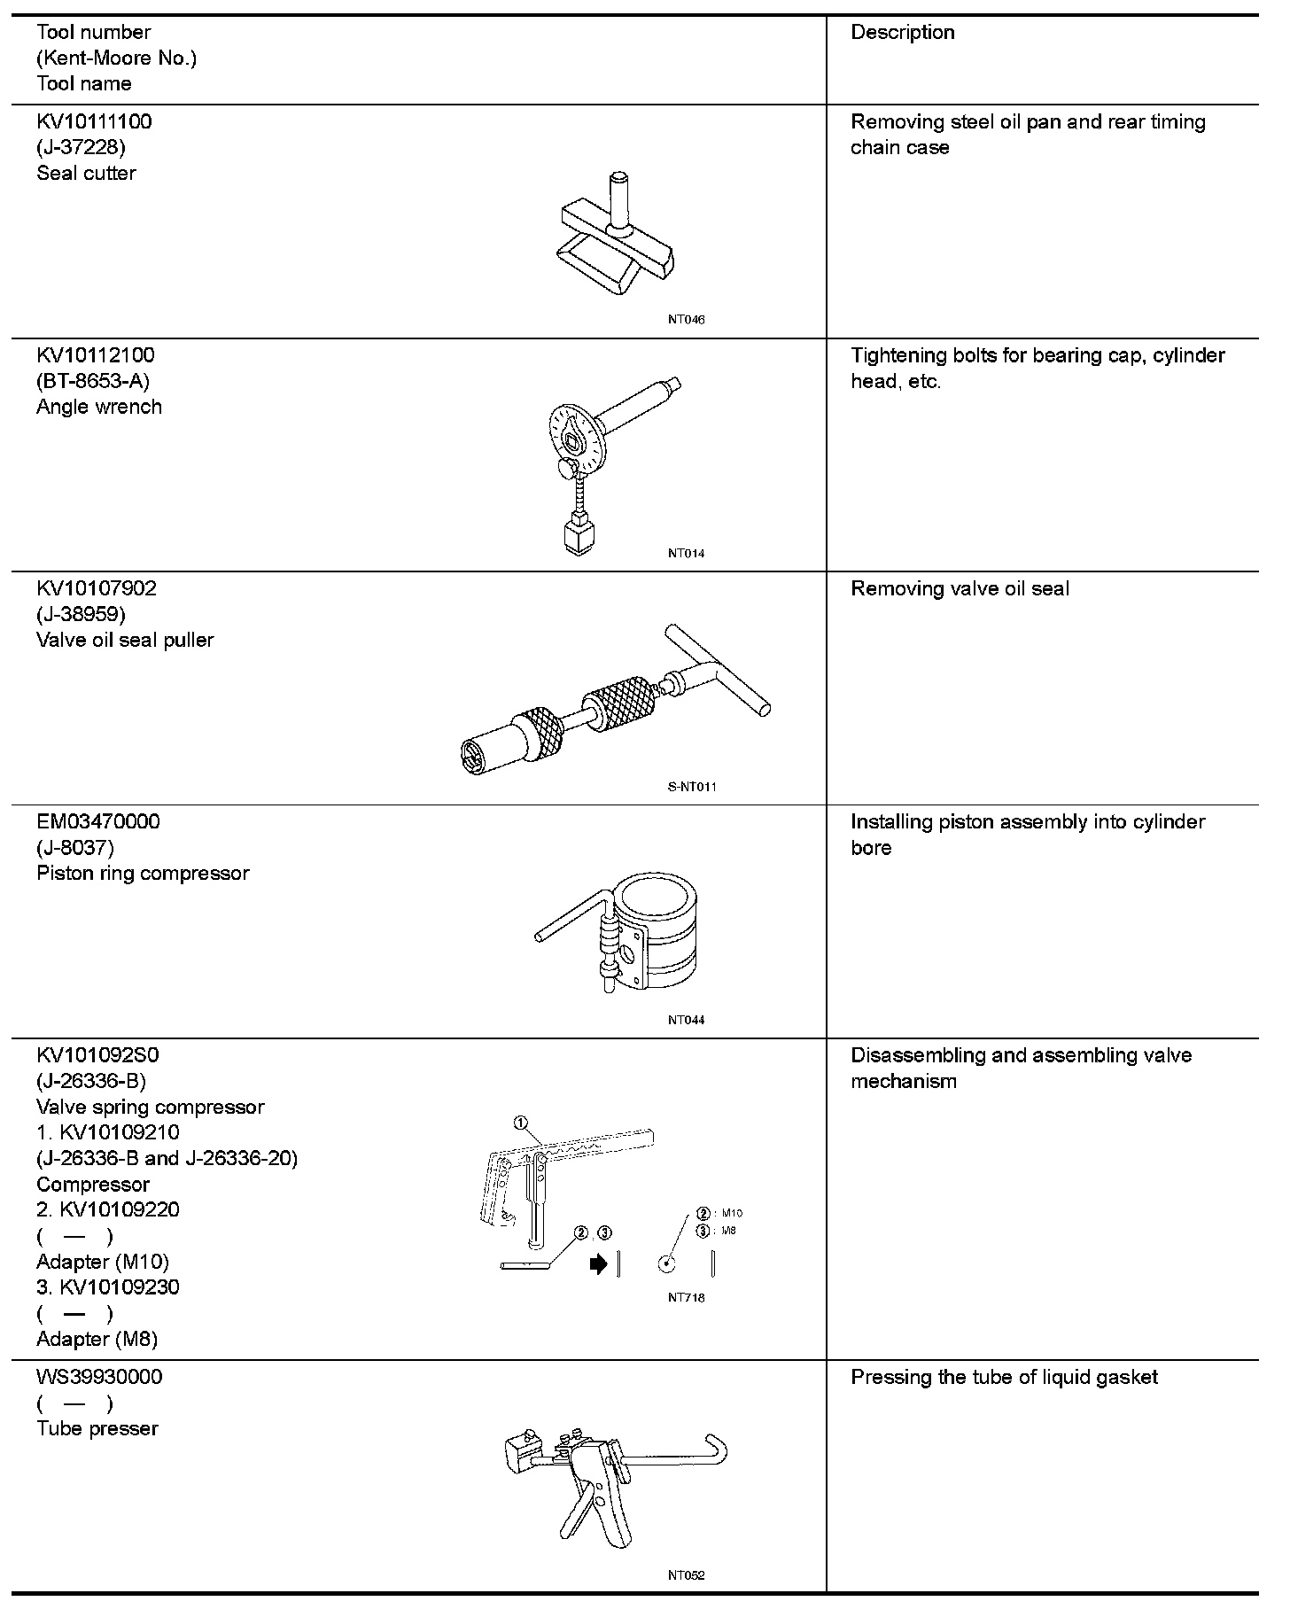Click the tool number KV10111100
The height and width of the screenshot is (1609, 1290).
(94, 122)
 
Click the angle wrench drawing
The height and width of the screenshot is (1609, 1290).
(602, 452)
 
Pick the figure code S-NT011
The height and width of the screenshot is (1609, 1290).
(691, 787)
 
